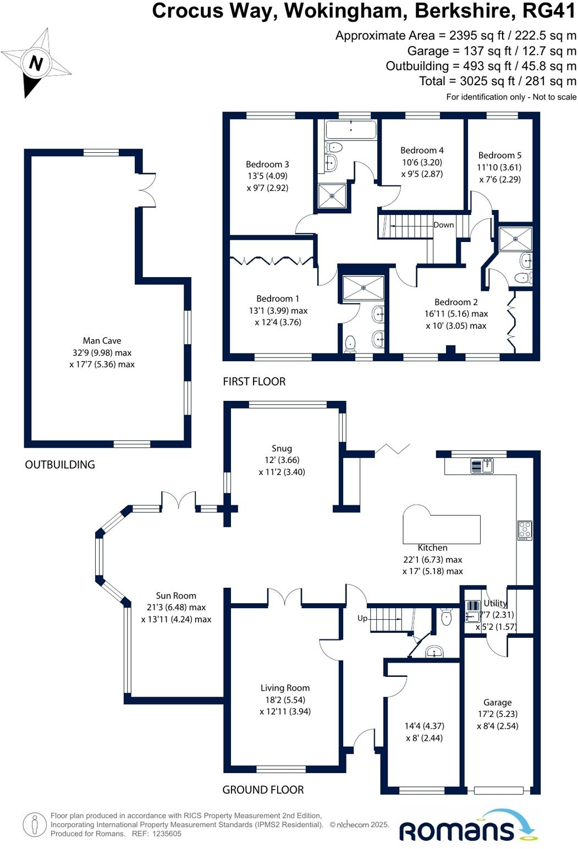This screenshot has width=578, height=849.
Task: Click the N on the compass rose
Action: [x=36, y=63]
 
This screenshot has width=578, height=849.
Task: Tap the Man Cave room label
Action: [x=102, y=341]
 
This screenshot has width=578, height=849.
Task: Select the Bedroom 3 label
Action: [x=267, y=164]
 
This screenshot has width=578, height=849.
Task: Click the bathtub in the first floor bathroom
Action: [x=351, y=130]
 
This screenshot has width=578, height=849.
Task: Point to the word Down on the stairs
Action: [x=443, y=225]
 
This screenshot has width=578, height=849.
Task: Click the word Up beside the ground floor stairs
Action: [x=362, y=618]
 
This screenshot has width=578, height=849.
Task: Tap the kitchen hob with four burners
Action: [x=525, y=530]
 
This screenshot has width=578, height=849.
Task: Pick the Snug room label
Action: [x=282, y=449]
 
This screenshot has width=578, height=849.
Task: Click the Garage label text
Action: [x=497, y=702]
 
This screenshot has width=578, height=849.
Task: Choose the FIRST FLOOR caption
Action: [x=254, y=382]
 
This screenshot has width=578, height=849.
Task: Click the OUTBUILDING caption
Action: [x=60, y=465]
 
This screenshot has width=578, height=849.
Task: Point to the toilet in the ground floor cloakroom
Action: [x=446, y=618]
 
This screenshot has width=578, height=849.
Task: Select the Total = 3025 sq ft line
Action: [x=498, y=81]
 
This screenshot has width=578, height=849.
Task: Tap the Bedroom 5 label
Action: [x=499, y=156]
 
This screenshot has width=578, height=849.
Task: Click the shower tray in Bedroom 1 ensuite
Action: [x=364, y=287]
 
